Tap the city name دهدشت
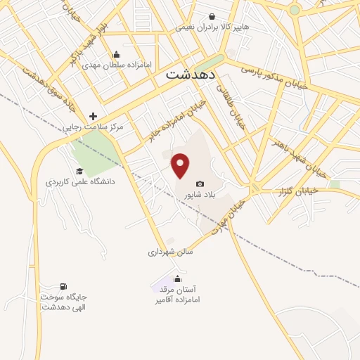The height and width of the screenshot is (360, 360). (191, 73)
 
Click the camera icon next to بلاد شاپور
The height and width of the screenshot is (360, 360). (200, 184)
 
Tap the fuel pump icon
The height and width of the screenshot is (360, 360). (65, 287)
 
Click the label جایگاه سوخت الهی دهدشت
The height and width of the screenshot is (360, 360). (64, 302)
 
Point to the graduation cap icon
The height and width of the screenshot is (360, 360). (79, 172)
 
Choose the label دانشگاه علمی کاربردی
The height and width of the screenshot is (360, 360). (80, 181)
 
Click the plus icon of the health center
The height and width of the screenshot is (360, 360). (93, 116)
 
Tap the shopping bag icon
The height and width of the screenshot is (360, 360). (212, 17)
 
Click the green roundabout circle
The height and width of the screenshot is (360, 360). (295, 10)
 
